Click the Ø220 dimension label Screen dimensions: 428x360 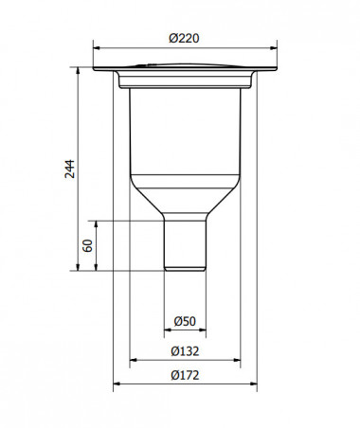click(x=184, y=37)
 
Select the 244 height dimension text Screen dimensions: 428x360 click(x=69, y=169)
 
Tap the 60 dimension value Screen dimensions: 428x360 click(x=85, y=245)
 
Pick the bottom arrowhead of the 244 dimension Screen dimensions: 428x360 click(x=78, y=268)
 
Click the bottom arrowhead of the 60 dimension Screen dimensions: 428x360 click(x=95, y=268)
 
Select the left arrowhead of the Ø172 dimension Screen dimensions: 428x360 click(x=117, y=384)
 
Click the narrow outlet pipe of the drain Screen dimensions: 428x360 click(x=185, y=244)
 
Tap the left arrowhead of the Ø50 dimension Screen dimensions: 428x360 click(x=166, y=330)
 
